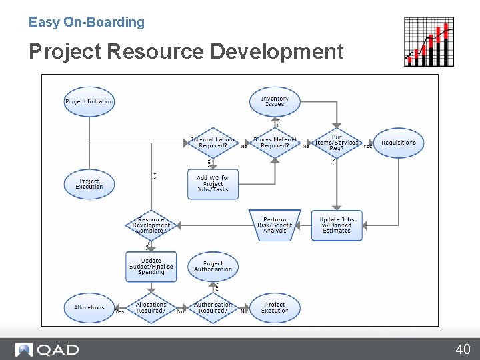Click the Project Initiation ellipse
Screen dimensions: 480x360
[89, 102]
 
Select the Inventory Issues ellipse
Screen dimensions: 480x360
[275, 102]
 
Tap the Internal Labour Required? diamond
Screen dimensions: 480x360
[213, 143]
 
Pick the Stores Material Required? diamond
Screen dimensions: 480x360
[275, 143]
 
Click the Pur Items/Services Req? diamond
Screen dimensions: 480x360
[337, 143]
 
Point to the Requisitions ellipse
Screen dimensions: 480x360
[399, 143]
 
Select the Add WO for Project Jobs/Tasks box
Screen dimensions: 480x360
[213, 183]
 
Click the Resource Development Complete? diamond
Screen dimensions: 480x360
[151, 225]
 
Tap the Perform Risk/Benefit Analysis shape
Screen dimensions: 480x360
[275, 225]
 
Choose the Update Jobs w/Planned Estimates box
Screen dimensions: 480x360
[337, 225]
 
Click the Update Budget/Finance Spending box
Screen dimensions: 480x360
[151, 266]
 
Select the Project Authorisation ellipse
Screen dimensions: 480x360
[213, 266]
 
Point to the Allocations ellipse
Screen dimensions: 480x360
[89, 307]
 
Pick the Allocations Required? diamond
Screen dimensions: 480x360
[151, 307]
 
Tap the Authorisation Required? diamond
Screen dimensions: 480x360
[213, 307]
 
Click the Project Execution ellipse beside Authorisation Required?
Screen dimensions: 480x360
[275, 307]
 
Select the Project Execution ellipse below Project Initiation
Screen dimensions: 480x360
[89, 183]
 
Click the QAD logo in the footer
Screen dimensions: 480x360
[47, 349]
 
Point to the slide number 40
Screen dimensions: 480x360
[463, 349]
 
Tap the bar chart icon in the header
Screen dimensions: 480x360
[429, 41]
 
